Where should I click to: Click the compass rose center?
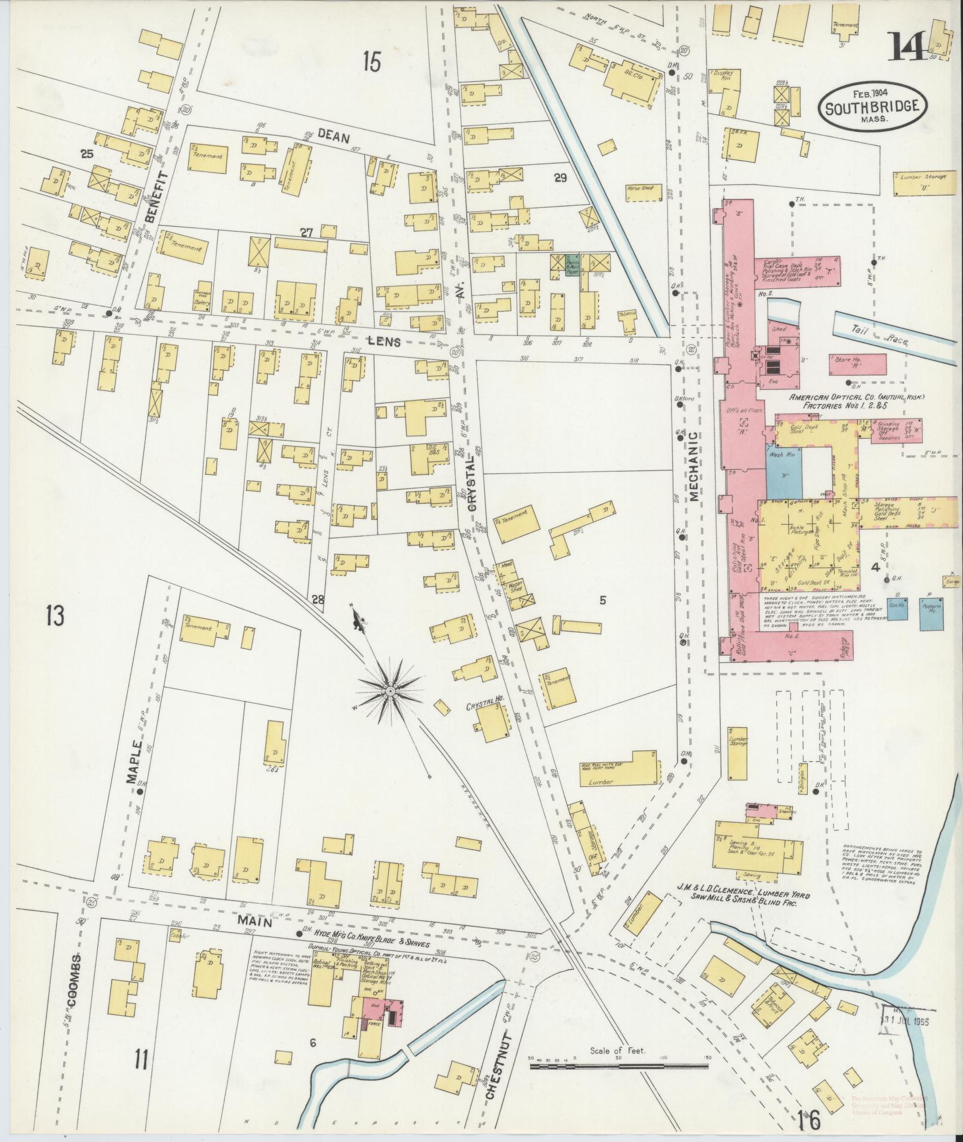pyautogui.click(x=389, y=691)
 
